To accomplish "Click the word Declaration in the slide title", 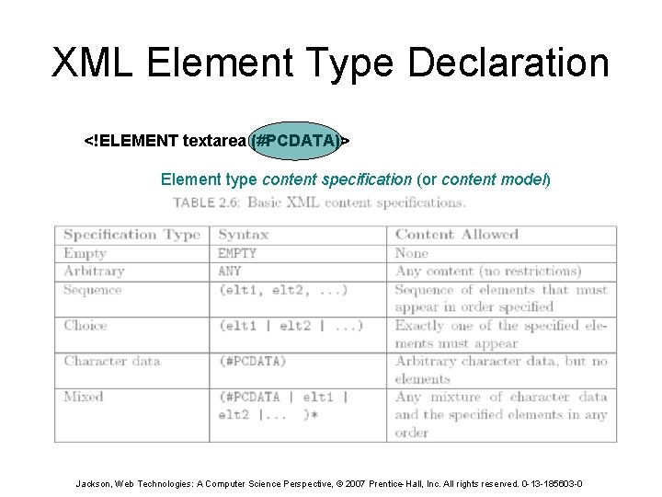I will pyautogui.click(x=508, y=64).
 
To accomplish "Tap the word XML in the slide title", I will pyautogui.click(x=92, y=64).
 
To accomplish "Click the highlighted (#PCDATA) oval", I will pyautogui.click(x=295, y=141).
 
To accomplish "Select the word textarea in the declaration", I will pyautogui.click(x=214, y=141).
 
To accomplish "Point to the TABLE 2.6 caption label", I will pyautogui.click(x=206, y=202).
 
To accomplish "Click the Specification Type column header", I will pyautogui.click(x=131, y=235).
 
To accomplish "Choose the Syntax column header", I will pyautogui.click(x=243, y=235).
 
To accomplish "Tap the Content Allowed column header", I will pyautogui.click(x=457, y=235).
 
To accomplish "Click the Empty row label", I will pyautogui.click(x=85, y=253).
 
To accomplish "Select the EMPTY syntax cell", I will pyautogui.click(x=237, y=253).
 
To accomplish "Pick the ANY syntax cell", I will pyautogui.click(x=230, y=272).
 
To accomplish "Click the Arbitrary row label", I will pyautogui.click(x=94, y=272).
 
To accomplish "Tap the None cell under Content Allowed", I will pyautogui.click(x=412, y=253).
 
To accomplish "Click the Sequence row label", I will pyautogui.click(x=92, y=290).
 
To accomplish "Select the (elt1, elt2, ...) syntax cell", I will pyautogui.click(x=282, y=290).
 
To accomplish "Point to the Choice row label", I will pyautogui.click(x=86, y=325).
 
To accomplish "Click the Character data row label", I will pyautogui.click(x=112, y=361).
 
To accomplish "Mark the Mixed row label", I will pyautogui.click(x=84, y=397).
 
